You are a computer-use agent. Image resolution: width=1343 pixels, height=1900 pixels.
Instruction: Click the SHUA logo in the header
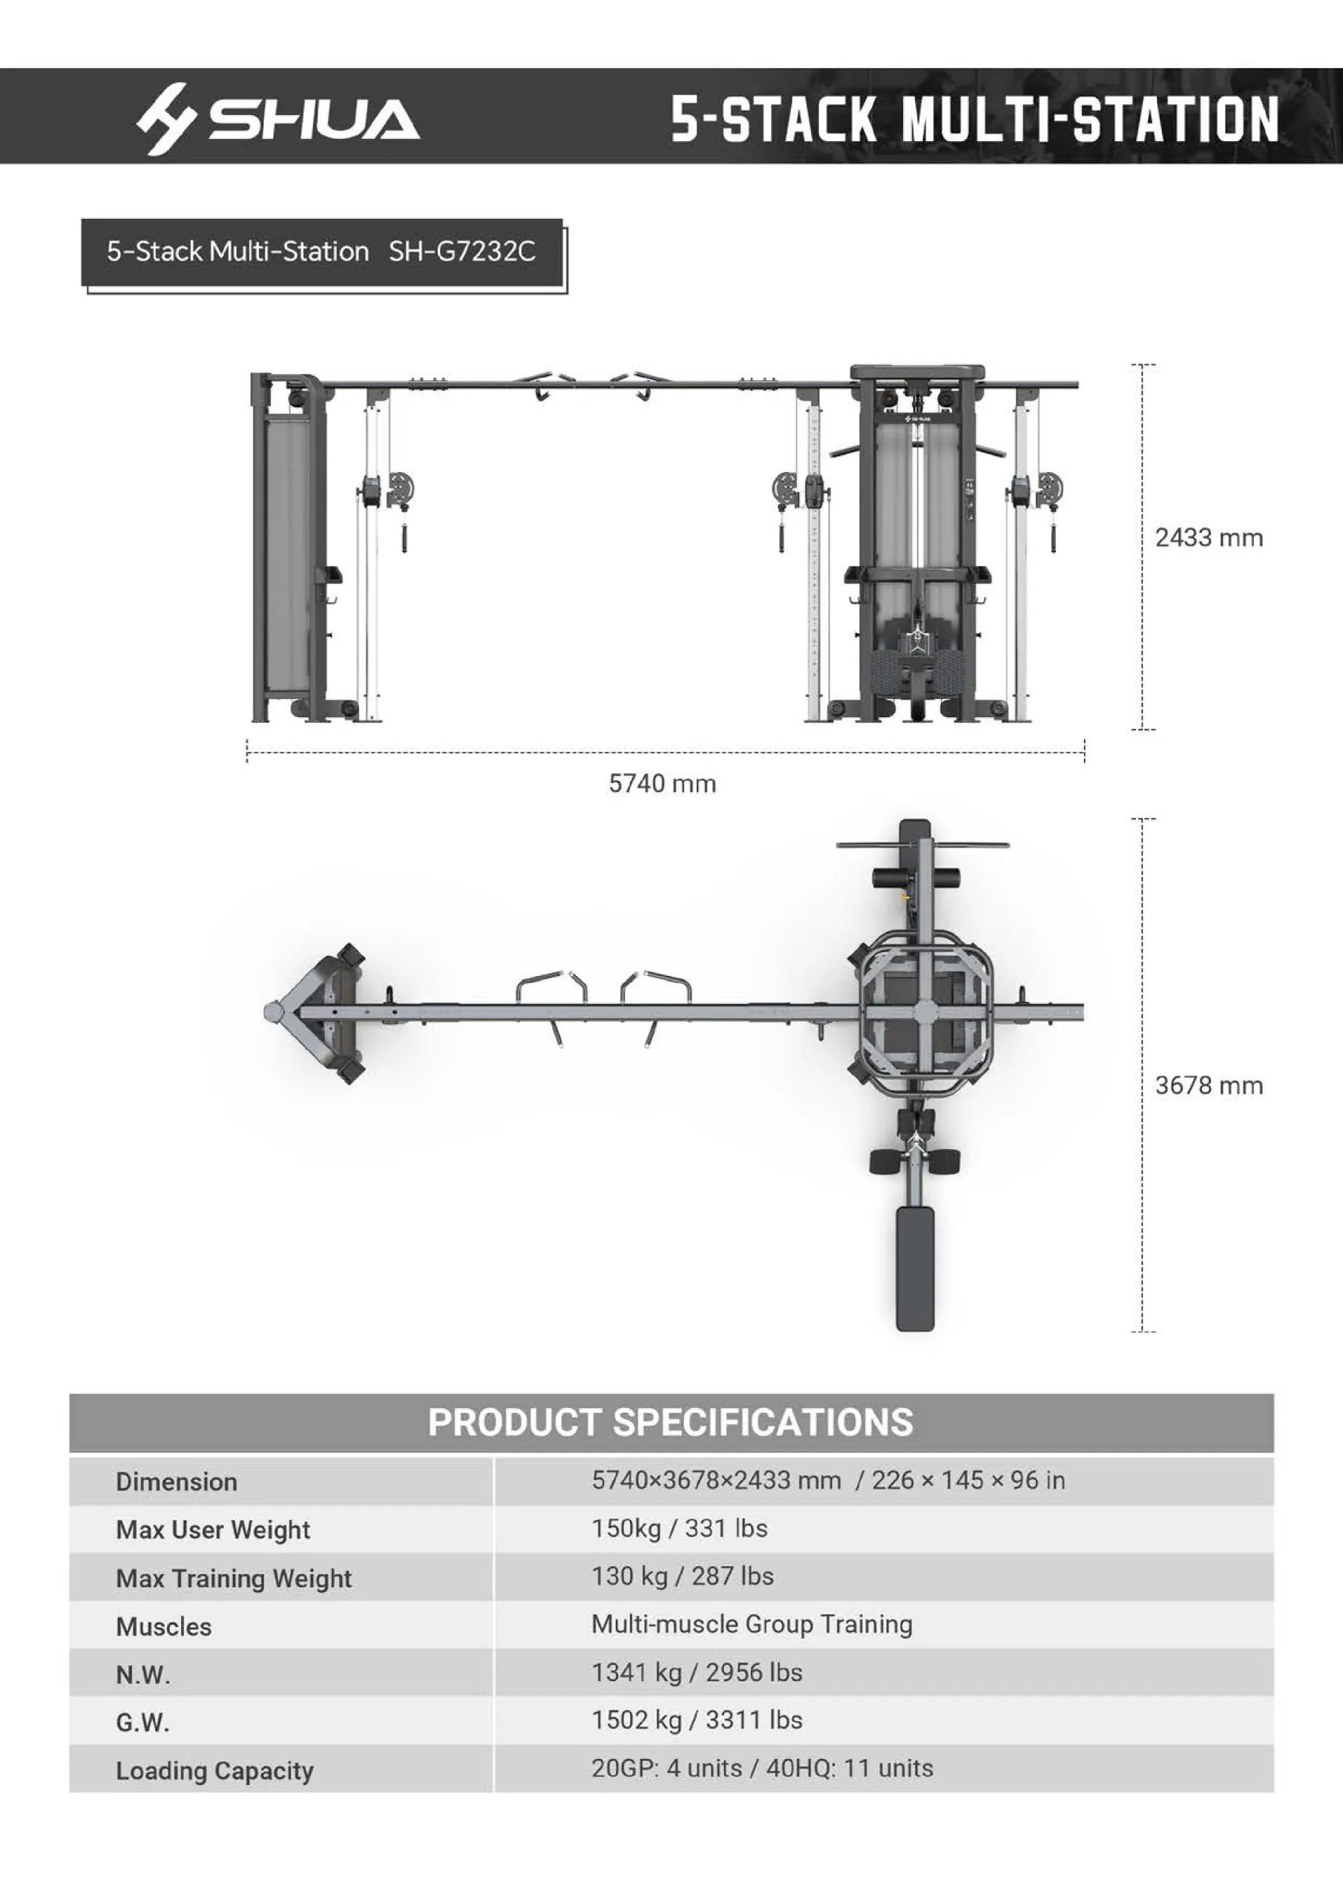(x=278, y=118)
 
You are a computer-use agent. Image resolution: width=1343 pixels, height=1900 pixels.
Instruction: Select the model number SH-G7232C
(x=462, y=252)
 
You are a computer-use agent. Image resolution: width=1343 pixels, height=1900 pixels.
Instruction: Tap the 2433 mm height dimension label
(x=1208, y=538)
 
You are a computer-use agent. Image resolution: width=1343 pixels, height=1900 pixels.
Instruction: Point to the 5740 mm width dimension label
(x=662, y=784)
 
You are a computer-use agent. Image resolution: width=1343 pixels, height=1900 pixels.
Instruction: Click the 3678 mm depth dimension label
(x=1208, y=1086)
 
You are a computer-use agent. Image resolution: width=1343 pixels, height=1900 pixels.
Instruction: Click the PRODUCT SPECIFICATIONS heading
(x=670, y=1423)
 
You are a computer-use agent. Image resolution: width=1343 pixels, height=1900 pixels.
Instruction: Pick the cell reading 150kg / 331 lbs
(x=678, y=1528)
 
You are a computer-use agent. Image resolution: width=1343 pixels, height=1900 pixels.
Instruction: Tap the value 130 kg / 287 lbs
(x=682, y=1576)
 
